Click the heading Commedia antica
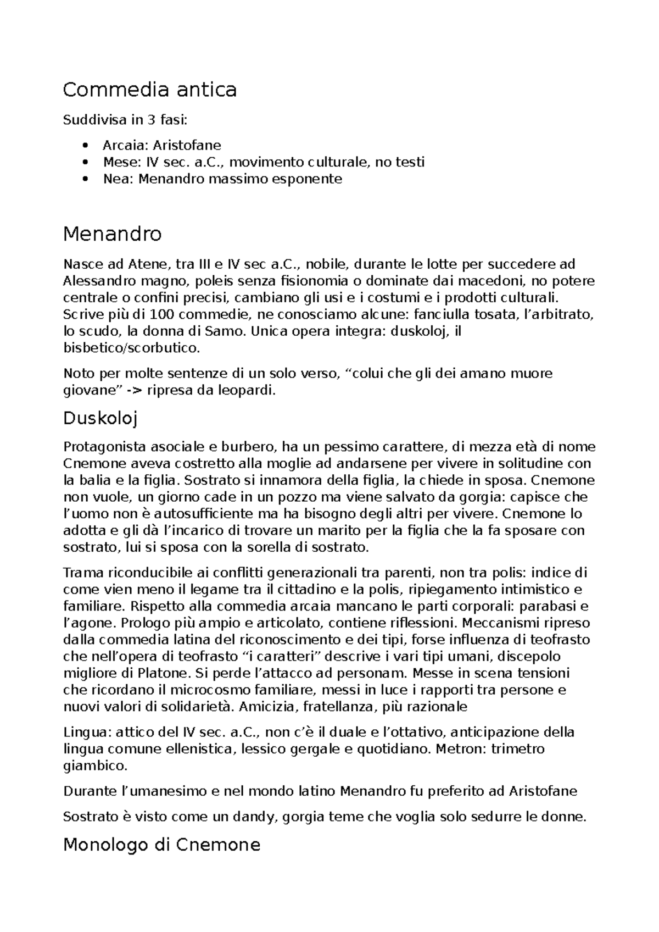click(149, 89)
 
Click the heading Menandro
click(112, 234)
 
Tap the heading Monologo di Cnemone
click(161, 844)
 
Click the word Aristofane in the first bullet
click(187, 146)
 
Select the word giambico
click(95, 765)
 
